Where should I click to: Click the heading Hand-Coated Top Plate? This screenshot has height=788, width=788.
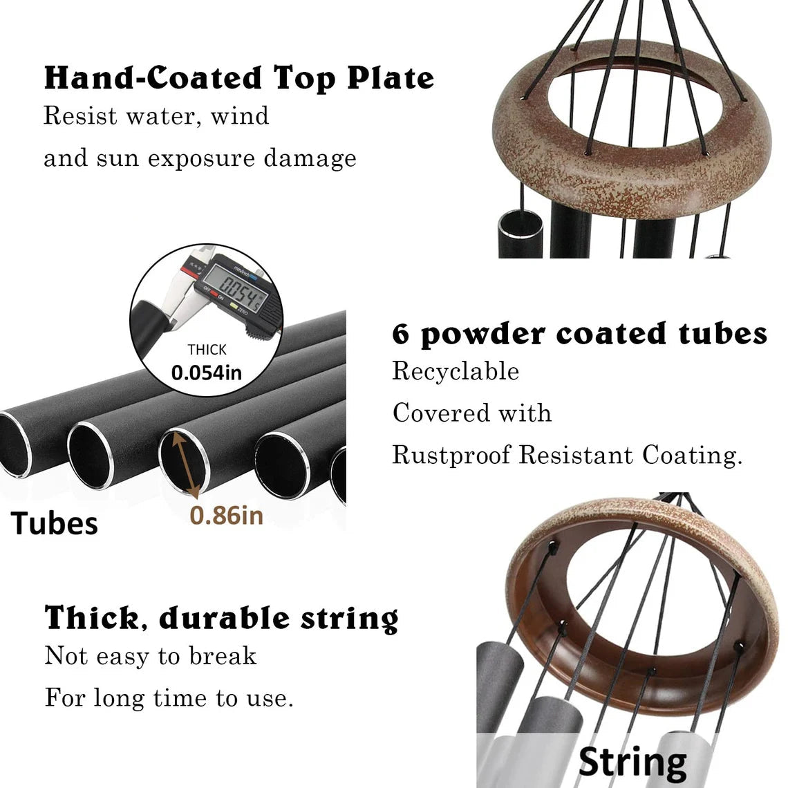[239, 78]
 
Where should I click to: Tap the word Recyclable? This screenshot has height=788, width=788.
[456, 372]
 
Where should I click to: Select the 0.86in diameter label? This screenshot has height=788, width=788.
[227, 516]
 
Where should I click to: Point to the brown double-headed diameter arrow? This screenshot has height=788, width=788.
[185, 466]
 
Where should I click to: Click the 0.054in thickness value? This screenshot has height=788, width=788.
[207, 373]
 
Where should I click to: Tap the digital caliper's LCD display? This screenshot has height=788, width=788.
[235, 285]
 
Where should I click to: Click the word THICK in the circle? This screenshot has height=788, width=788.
[207, 349]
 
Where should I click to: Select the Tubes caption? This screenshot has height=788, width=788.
[55, 523]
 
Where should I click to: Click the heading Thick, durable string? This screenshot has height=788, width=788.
[222, 617]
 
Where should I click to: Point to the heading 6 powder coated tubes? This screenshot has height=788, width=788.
[580, 334]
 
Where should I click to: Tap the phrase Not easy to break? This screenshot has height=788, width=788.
[151, 656]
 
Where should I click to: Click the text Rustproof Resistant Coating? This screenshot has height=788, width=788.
[567, 456]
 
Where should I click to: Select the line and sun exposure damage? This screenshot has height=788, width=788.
[200, 158]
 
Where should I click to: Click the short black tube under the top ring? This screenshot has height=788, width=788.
[520, 234]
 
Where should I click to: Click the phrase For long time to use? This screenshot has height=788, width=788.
[169, 697]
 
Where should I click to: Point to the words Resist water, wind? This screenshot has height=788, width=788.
[156, 116]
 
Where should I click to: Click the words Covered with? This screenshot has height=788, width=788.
[472, 413]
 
